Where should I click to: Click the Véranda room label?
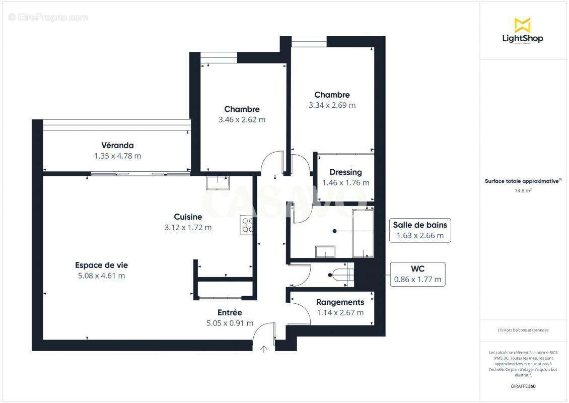pyautogui.click(x=117, y=145)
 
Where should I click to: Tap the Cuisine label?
pyautogui.click(x=188, y=217)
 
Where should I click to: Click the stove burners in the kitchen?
pyautogui.click(x=247, y=225)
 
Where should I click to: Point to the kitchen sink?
pyautogui.click(x=218, y=182)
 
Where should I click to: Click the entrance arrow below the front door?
pyautogui.click(x=264, y=349)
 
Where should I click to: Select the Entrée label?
pyautogui.click(x=230, y=312)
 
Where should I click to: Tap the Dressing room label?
pyautogui.click(x=345, y=172)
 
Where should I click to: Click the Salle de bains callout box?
pyautogui.click(x=420, y=230)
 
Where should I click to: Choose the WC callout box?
pyautogui.click(x=417, y=274)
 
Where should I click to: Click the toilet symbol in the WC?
pyautogui.click(x=343, y=275)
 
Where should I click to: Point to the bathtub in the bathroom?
pyautogui.click(x=363, y=233)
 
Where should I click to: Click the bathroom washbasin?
pyautogui.click(x=325, y=251)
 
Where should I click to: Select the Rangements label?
pyautogui.click(x=340, y=302)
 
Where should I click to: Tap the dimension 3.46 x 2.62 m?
pyautogui.click(x=242, y=120)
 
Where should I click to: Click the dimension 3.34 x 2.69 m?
pyautogui.click(x=332, y=105)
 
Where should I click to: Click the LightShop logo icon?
pyautogui.click(x=522, y=25)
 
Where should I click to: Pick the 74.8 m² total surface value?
pyautogui.click(x=523, y=190)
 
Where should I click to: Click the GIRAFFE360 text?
pyautogui.click(x=523, y=386)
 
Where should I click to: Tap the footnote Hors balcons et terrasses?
pyautogui.click(x=523, y=330)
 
